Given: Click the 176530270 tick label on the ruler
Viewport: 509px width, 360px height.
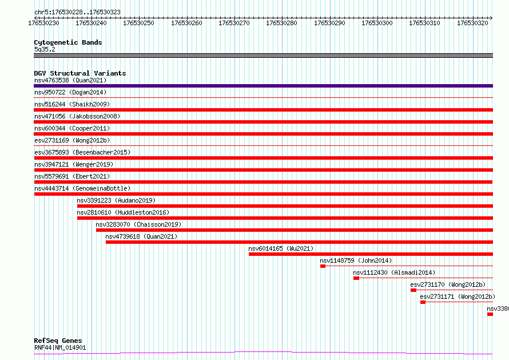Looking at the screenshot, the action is click(x=234, y=23).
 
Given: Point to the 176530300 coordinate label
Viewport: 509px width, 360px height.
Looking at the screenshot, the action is click(x=377, y=23).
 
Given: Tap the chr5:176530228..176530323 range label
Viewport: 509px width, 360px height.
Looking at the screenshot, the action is click(x=77, y=12).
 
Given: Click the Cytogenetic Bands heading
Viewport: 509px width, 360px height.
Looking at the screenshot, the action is click(x=68, y=42).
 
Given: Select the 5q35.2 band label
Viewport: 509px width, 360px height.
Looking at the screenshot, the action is click(x=45, y=49).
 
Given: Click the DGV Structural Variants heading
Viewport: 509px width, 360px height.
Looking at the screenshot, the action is click(x=80, y=73).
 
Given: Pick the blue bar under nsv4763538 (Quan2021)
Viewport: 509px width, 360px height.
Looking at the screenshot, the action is click(x=263, y=86).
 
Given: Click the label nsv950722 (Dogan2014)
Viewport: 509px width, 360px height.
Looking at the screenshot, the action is click(x=70, y=92).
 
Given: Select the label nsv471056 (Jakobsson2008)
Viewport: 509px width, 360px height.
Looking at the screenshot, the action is click(x=77, y=116).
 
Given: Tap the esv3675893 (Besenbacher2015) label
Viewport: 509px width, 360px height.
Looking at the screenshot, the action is click(x=82, y=152).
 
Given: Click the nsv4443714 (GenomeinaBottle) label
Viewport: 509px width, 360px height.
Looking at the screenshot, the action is click(x=82, y=188).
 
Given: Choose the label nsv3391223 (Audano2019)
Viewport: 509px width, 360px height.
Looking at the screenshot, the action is click(x=116, y=200).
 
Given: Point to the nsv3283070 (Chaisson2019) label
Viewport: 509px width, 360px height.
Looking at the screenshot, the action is click(x=138, y=224).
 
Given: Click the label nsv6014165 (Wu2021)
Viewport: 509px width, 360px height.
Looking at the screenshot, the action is click(x=281, y=248).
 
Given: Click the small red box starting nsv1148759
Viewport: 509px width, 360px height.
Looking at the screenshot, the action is click(x=323, y=266).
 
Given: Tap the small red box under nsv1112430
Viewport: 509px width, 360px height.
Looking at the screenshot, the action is click(x=356, y=278).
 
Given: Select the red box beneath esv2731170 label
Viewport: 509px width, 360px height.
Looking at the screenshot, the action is click(x=413, y=290).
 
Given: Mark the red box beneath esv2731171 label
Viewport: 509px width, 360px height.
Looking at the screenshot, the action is click(x=423, y=302).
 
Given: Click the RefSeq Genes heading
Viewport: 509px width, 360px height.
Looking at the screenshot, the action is click(x=58, y=341).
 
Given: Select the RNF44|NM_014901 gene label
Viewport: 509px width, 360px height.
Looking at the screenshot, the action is click(x=60, y=347).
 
